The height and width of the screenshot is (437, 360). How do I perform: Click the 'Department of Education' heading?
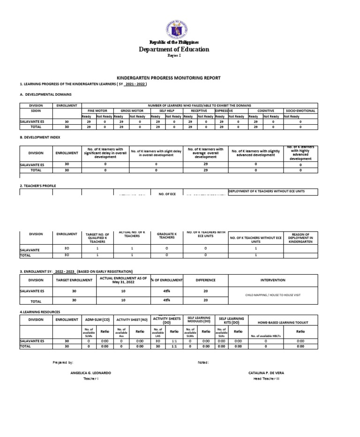174,49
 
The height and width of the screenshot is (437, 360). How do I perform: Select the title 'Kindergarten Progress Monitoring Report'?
168,78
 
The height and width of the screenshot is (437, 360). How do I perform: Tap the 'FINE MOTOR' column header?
97,111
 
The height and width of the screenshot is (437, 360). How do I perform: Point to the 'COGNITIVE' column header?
265,111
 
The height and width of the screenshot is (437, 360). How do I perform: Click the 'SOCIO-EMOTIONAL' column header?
300,111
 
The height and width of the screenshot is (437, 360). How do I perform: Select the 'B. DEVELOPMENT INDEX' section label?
40,137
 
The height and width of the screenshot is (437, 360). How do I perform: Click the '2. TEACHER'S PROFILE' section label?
38,186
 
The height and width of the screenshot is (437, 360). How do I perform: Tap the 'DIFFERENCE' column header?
206,280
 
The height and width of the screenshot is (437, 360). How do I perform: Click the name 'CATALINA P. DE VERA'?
266,372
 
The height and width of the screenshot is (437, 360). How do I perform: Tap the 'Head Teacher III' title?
266,378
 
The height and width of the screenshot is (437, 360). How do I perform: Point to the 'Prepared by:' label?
63,362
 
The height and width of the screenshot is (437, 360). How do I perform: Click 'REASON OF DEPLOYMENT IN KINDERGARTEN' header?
300,238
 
